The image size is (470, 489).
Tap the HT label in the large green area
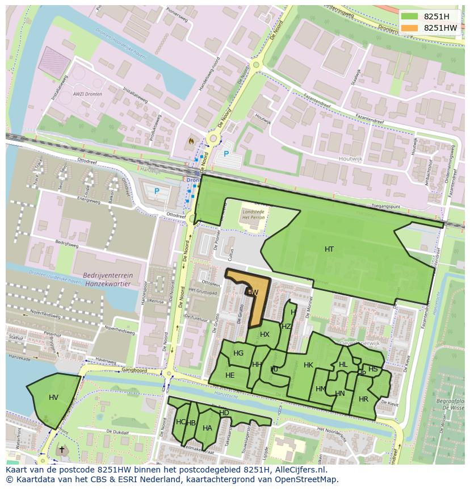click(329, 249)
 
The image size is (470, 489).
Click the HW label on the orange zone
click(253, 292)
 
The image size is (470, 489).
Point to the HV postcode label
click(53, 397)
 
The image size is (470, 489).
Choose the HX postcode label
click(265, 335)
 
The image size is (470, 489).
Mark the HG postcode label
click(238, 353)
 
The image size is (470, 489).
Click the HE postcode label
click(230, 375)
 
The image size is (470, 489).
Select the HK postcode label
click(308, 365)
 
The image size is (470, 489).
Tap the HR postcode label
click(363, 399)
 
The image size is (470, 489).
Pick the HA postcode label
click(207, 428)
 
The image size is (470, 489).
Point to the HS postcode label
click(373, 369)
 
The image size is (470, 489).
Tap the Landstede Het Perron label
click(253, 215)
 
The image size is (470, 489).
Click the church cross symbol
click(62, 449)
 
